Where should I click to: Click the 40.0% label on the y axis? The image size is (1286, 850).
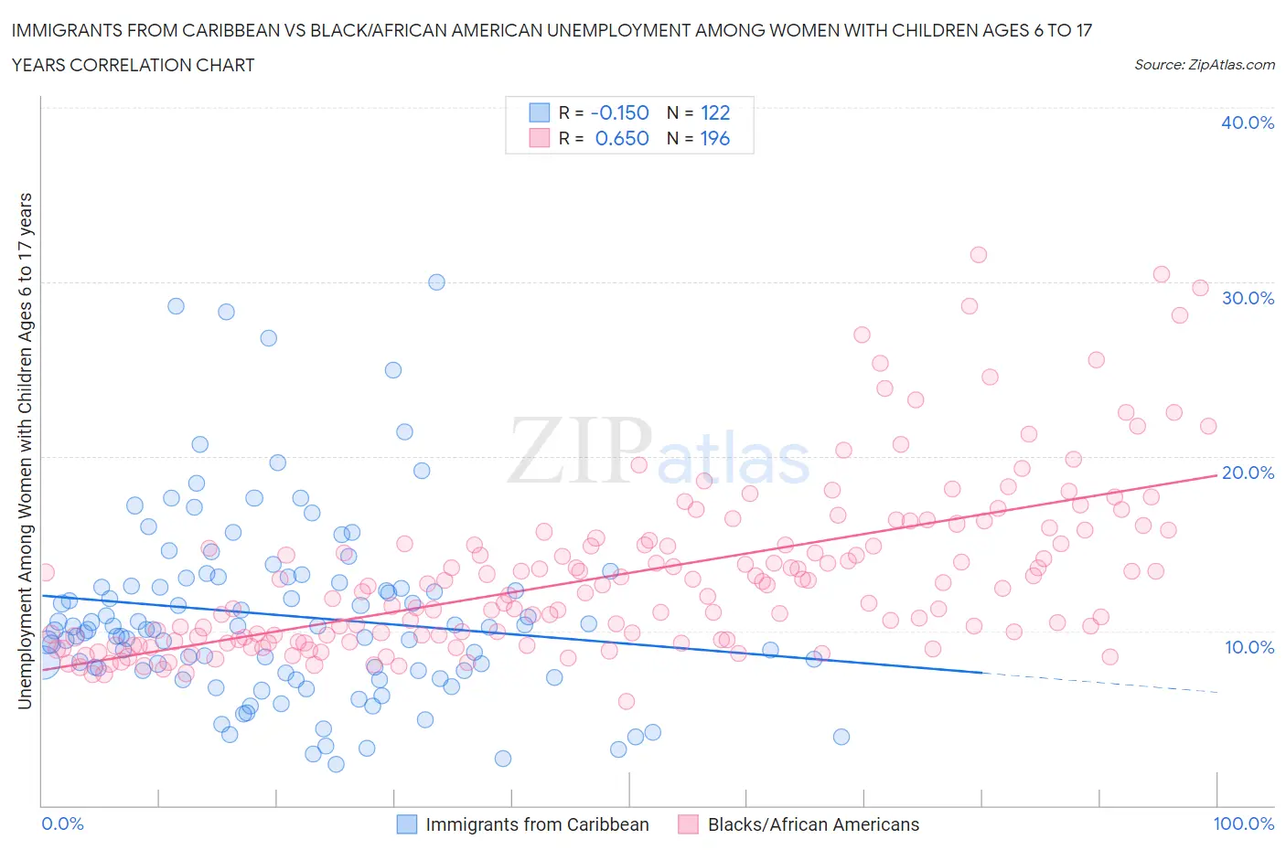point(1247,122)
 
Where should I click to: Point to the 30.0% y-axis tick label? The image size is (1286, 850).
point(1247,298)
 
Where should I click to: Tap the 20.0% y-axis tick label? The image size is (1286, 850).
point(1247,473)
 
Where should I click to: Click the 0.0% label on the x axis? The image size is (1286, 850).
point(63,823)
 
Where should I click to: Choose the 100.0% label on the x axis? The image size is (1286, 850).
point(1243,823)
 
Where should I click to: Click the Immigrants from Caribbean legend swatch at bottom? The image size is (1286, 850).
point(406,824)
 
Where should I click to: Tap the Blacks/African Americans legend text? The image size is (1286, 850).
point(813,824)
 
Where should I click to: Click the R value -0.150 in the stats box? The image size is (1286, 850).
point(620,112)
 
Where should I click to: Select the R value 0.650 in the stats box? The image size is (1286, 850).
point(622,138)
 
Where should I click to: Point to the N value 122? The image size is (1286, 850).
point(715,112)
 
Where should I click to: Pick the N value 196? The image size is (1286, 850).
point(715,138)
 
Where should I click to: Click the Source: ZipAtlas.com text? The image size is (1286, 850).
point(1204,65)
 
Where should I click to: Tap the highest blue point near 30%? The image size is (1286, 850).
point(436,282)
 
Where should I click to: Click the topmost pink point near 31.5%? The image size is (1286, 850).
point(979,255)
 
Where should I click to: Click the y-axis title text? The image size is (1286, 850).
point(25,451)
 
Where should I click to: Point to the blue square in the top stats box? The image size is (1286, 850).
point(540,112)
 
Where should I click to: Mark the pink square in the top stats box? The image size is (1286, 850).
point(540,138)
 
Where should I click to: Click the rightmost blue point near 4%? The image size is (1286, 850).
point(841,737)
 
